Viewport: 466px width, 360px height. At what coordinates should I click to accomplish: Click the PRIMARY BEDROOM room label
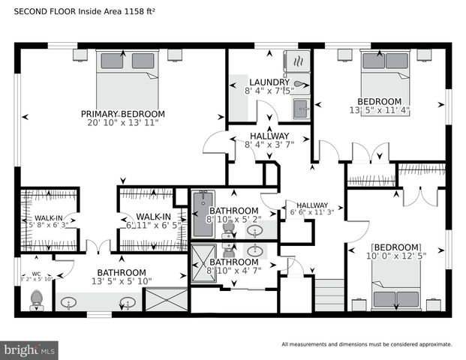(123, 114)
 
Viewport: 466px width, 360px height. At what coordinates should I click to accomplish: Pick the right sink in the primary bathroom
(128, 303)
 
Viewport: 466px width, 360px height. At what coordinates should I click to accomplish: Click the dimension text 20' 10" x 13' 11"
(123, 123)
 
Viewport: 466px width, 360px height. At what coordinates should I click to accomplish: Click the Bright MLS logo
(29, 349)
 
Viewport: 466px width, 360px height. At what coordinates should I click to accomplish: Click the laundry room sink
(301, 106)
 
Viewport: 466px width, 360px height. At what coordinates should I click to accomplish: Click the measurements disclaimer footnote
(366, 344)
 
